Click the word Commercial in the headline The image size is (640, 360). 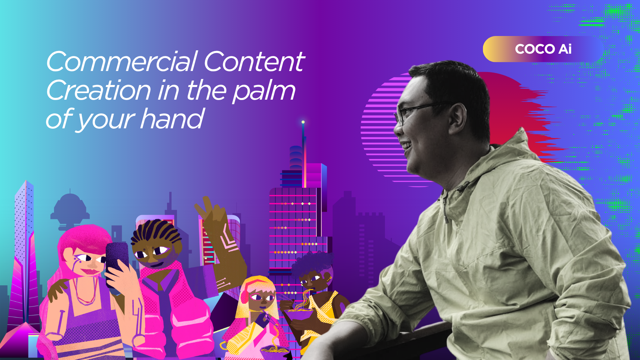pos(122,62)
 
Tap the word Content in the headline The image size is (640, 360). pos(254,62)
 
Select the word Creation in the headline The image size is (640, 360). pos(99,90)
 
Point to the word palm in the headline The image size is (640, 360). pos(264,91)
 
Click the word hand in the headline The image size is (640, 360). pos(172,119)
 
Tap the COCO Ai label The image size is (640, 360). pos(543,49)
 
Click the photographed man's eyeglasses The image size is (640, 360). pos(420,112)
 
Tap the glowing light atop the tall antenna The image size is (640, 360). pos(303,122)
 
